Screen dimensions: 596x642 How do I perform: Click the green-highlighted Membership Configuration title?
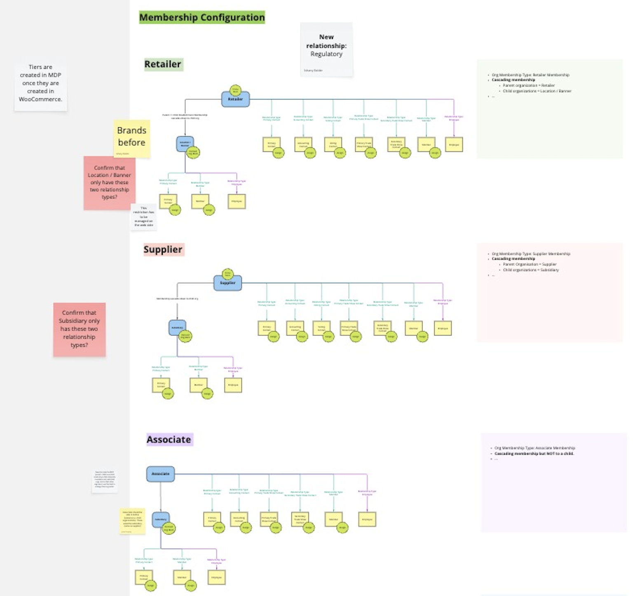(202, 17)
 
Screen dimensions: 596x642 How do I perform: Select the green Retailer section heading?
(163, 64)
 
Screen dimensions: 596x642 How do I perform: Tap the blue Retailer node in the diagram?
(235, 99)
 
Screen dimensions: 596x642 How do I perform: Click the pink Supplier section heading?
(163, 249)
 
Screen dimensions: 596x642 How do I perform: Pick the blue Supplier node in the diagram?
(227, 283)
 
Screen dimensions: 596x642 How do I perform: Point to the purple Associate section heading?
(169, 440)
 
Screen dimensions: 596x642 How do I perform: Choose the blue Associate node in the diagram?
(160, 474)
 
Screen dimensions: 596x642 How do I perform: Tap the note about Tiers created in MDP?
(40, 83)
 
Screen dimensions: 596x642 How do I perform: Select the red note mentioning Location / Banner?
(109, 182)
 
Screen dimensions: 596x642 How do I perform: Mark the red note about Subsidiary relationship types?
(79, 329)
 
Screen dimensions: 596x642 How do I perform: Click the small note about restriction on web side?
(143, 217)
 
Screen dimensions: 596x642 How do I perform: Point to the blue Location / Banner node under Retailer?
(184, 144)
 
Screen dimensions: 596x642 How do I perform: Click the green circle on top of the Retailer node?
(235, 90)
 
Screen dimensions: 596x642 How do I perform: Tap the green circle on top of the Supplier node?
(227, 274)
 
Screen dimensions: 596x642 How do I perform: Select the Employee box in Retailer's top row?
(454, 144)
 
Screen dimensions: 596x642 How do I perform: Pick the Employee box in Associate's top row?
(367, 519)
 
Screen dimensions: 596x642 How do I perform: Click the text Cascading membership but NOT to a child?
(534, 454)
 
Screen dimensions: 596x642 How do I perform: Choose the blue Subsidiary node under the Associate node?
(160, 519)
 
